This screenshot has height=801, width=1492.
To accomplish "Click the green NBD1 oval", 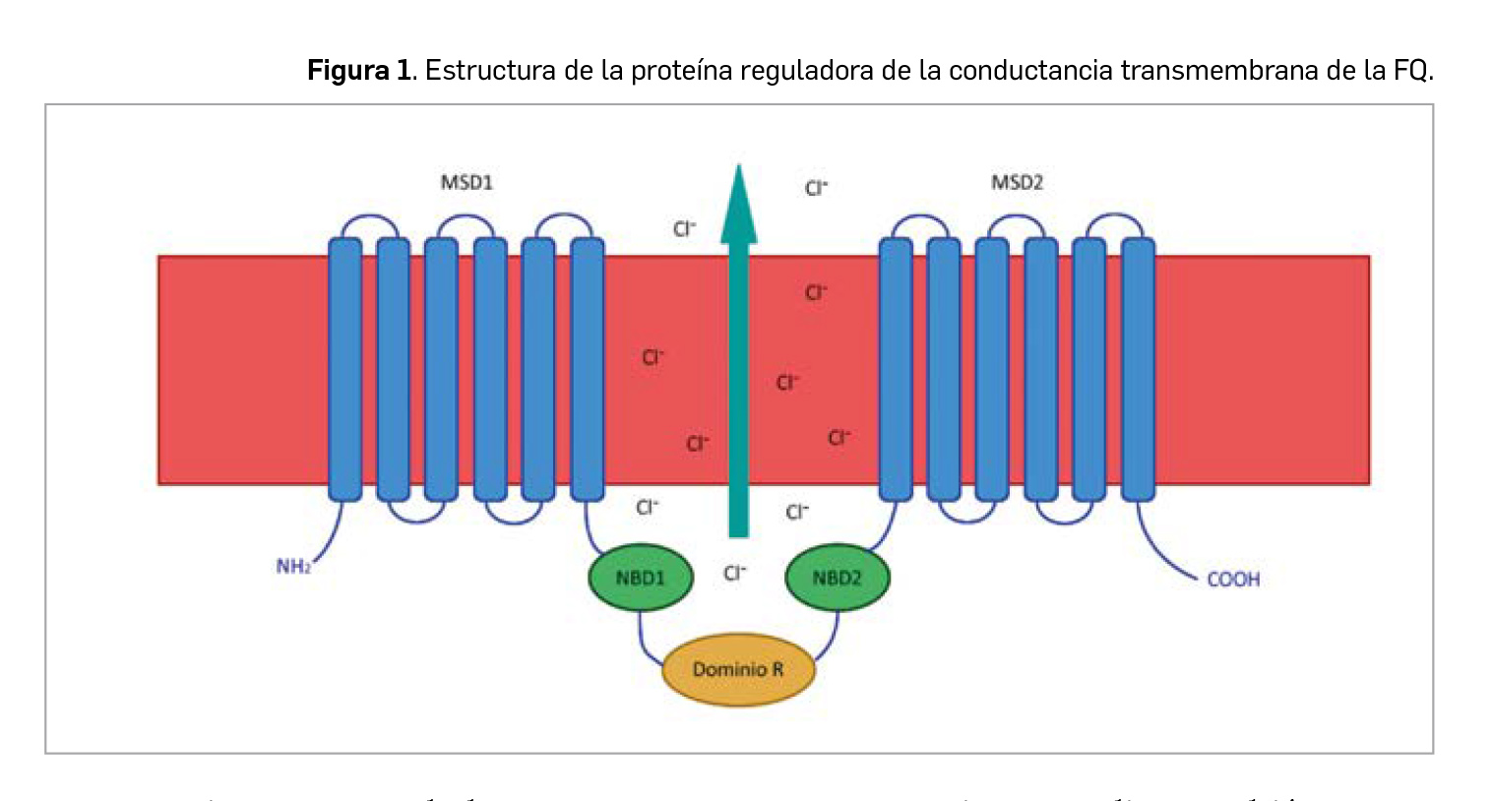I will [640, 578].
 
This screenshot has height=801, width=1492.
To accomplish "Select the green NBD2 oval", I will [837, 578].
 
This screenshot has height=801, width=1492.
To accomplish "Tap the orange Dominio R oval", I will [738, 669].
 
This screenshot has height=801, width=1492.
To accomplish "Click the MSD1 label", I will [466, 183].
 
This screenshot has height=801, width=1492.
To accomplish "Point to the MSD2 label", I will [1017, 183].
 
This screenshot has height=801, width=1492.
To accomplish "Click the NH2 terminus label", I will [293, 567].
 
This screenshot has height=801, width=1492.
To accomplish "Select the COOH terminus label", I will [1233, 580].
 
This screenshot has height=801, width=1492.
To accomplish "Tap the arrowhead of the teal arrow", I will [738, 207].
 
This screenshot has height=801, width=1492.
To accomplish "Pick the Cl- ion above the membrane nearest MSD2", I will [816, 188].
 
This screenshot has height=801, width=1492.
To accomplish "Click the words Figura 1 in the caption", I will [359, 71].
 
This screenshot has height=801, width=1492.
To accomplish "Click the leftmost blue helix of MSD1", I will [344, 369].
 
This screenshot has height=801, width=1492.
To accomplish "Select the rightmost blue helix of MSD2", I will [1138, 369].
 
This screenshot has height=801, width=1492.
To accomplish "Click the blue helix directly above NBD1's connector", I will [587, 369].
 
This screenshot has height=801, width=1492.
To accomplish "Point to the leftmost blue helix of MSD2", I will [896, 369].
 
